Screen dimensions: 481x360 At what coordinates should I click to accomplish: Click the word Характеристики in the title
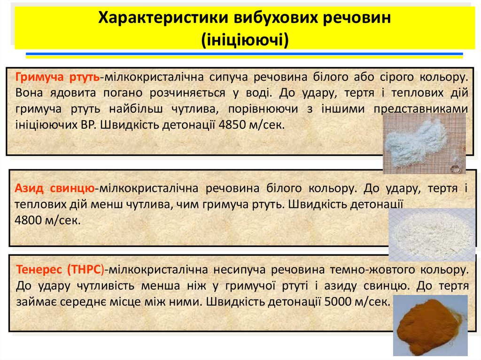[163, 18]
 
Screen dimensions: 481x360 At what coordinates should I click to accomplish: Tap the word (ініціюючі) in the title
[245, 39]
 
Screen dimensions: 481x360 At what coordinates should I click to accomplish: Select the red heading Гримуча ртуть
[57, 77]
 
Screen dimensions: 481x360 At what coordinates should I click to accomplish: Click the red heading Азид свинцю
[54, 188]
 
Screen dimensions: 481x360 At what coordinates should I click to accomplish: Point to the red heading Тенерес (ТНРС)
[60, 269]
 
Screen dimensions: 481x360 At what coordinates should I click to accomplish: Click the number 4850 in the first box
[232, 125]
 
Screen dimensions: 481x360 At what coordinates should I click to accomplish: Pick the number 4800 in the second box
[28, 220]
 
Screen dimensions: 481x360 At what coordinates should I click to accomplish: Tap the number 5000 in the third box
[338, 302]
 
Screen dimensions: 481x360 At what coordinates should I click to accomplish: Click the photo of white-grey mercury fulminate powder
[424, 143]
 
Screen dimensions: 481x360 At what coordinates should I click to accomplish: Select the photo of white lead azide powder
[432, 235]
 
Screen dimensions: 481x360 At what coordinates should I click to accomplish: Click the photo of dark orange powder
[430, 325]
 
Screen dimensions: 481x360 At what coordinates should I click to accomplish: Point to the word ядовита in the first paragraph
[73, 93]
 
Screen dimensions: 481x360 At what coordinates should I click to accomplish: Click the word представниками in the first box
[421, 109]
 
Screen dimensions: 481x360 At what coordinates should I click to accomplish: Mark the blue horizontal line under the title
[244, 54]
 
